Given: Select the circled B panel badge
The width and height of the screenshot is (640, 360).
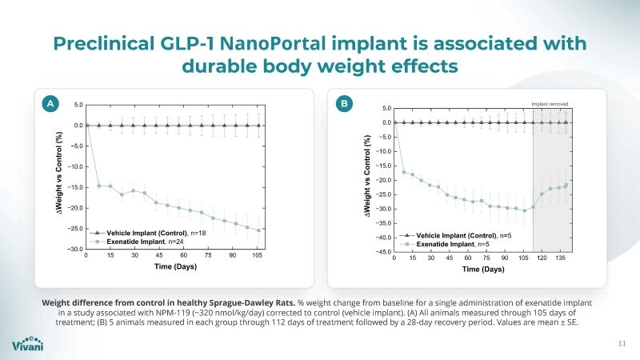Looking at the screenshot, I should click(x=345, y=104).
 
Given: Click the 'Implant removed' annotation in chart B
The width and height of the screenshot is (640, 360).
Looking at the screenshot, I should click(x=550, y=102).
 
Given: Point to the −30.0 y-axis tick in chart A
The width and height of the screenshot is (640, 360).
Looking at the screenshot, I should click(x=70, y=250).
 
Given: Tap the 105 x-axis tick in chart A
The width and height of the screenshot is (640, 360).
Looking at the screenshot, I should click(x=257, y=256).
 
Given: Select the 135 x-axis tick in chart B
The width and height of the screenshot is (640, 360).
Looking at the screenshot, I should click(x=560, y=259).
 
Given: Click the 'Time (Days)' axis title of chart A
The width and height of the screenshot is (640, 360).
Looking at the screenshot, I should click(x=175, y=266).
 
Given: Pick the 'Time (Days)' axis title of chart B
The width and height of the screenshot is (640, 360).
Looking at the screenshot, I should click(x=482, y=270).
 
